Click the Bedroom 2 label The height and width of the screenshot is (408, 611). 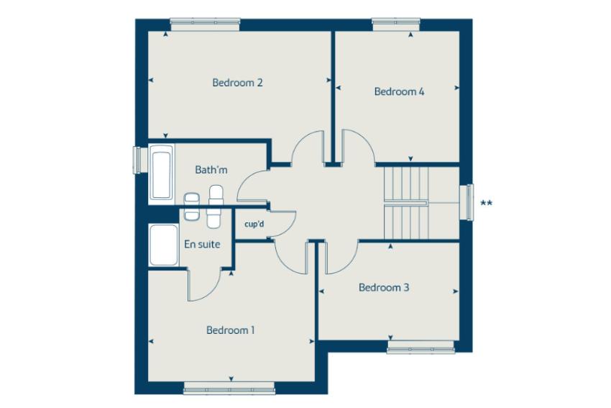point(237,83)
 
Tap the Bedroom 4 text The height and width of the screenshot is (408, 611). point(399,91)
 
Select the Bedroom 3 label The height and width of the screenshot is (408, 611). point(384,288)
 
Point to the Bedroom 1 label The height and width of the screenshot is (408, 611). point(230,330)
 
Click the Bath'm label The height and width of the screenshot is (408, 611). point(211,170)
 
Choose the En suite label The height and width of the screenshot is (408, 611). point(202,244)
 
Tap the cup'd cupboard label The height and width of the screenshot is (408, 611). point(254,225)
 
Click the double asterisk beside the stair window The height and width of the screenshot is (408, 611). point(487,203)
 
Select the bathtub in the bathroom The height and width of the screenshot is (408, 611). point(161,174)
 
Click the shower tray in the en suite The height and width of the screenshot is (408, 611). point(164,245)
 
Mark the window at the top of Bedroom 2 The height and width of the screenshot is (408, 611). point(205,24)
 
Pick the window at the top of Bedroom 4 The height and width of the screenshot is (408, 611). point(396,24)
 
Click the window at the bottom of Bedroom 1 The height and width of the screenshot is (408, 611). point(229,388)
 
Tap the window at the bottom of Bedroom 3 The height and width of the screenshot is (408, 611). point(421,347)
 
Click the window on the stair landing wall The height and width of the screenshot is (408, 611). point(467,201)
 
